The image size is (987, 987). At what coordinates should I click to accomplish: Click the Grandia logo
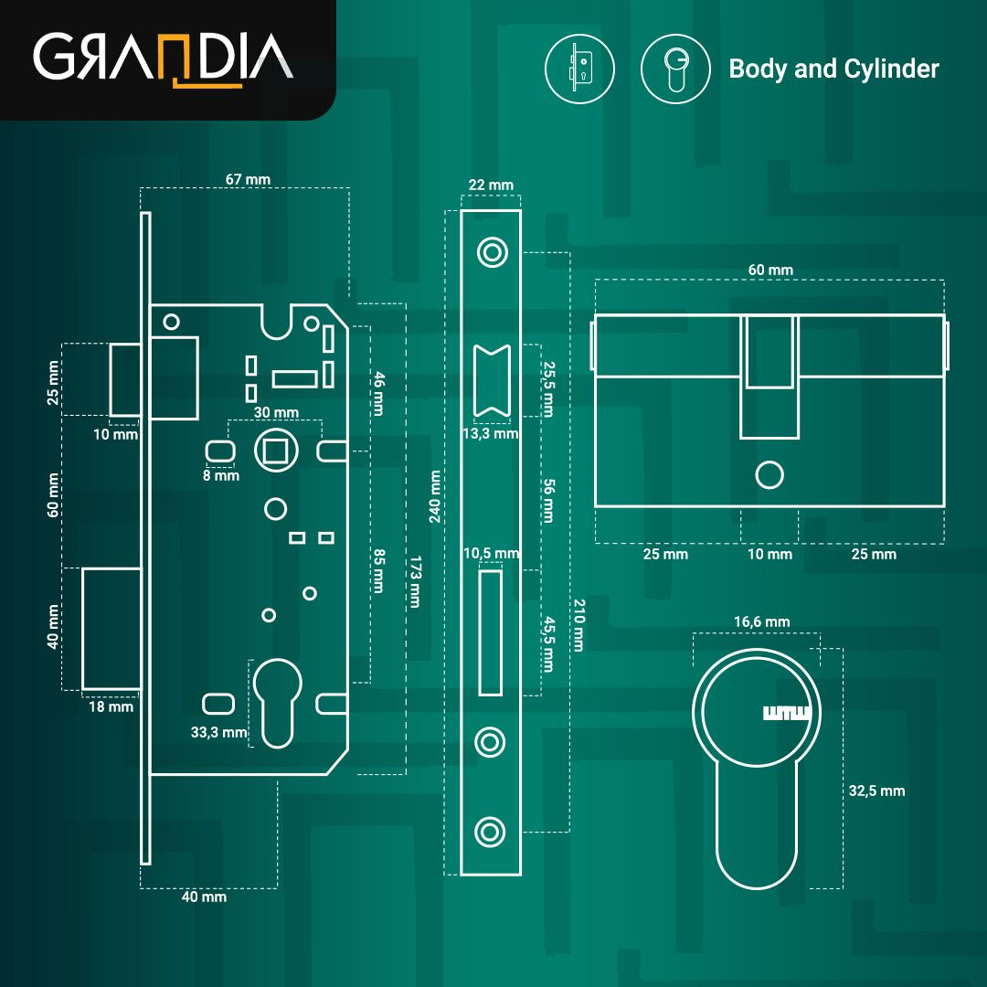[163, 58]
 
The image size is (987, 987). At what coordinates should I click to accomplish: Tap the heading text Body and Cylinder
[833, 69]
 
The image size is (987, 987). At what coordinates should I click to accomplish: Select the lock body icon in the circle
[579, 69]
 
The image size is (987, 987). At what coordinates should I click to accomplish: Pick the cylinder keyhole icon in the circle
[675, 69]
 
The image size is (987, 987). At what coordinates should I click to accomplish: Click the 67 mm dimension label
[248, 179]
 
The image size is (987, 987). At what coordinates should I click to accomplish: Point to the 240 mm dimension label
[434, 496]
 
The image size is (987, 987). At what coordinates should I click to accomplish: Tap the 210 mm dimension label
[578, 625]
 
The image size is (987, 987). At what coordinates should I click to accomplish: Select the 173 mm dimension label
[415, 581]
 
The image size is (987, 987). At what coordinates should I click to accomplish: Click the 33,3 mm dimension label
[218, 733]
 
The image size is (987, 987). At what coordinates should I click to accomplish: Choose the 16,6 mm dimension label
[761, 622]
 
